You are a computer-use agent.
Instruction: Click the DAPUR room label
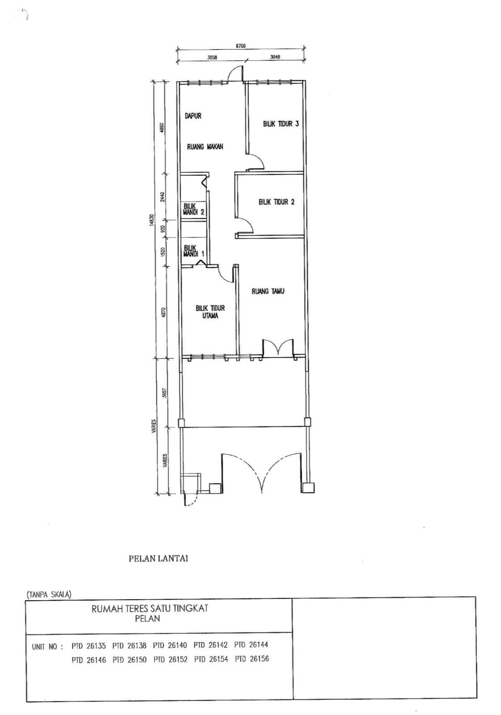[x=193, y=116]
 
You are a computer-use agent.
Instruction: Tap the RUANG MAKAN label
[x=205, y=147]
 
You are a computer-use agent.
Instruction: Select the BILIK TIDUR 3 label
[x=281, y=123]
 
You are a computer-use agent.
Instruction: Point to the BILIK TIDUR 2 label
[x=276, y=202]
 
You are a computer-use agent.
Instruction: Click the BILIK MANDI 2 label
[x=194, y=210]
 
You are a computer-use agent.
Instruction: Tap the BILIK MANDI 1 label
[x=194, y=251]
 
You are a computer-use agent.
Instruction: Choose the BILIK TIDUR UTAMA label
[x=210, y=312]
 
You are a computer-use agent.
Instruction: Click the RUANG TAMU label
[x=268, y=291]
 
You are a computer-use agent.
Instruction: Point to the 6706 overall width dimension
[x=240, y=46]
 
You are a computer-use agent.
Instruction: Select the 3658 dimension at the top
[x=212, y=58]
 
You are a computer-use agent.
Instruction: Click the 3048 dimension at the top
[x=275, y=57]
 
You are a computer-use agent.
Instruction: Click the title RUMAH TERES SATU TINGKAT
[x=150, y=608]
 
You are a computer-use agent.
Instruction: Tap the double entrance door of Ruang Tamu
[x=278, y=348]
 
